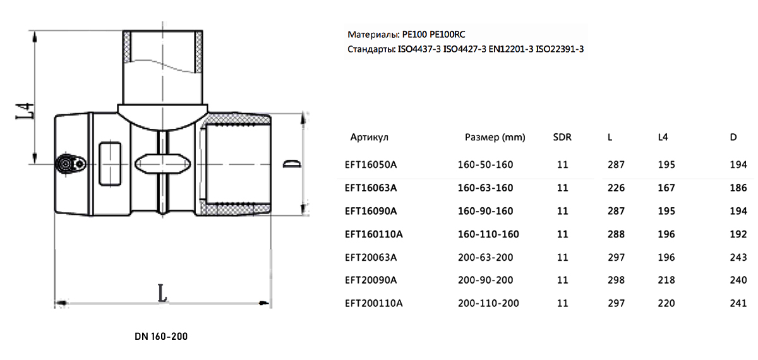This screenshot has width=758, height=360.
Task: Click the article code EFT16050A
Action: tap(371, 165)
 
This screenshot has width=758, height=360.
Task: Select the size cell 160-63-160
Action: tap(485, 188)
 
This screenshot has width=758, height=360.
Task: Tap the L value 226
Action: tap(616, 188)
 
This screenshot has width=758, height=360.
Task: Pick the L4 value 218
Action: tap(666, 280)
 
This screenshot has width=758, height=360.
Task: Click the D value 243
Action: tap(738, 258)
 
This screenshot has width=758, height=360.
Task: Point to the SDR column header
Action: tap(562, 137)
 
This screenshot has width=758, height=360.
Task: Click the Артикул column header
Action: tap(369, 138)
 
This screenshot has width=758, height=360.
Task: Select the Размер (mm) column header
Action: tap(495, 138)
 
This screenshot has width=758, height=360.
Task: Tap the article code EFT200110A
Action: tap(373, 303)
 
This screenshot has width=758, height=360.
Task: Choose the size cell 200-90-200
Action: tap(485, 280)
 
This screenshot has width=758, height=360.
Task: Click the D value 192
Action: tap(738, 234)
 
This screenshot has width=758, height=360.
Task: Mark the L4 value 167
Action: tap(666, 188)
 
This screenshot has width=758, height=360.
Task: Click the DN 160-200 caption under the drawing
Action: tap(161, 336)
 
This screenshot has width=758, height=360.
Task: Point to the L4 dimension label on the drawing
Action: tap(25, 111)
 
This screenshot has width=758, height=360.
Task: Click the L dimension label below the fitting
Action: tap(162, 293)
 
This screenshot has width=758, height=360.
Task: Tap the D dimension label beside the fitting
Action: tap(292, 164)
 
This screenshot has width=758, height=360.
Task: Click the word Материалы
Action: tap(373, 35)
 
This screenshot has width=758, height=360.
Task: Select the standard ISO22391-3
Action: tap(560, 49)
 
